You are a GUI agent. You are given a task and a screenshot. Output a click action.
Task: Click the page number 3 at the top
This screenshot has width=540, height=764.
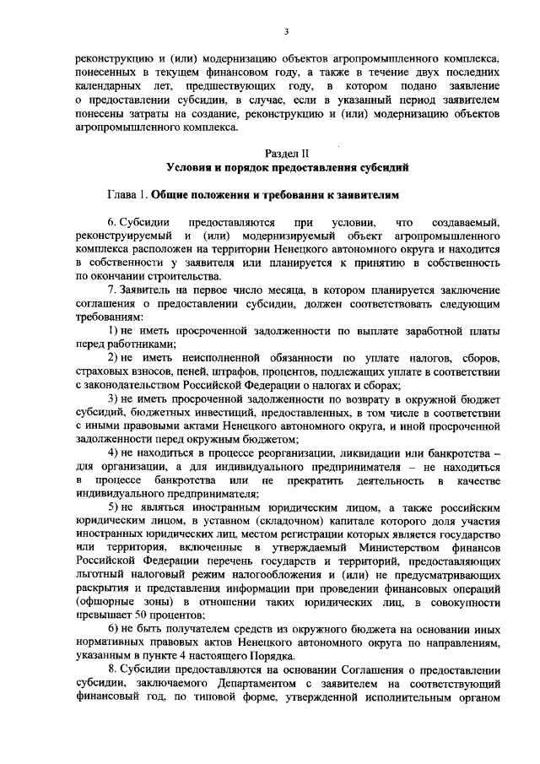287,32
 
